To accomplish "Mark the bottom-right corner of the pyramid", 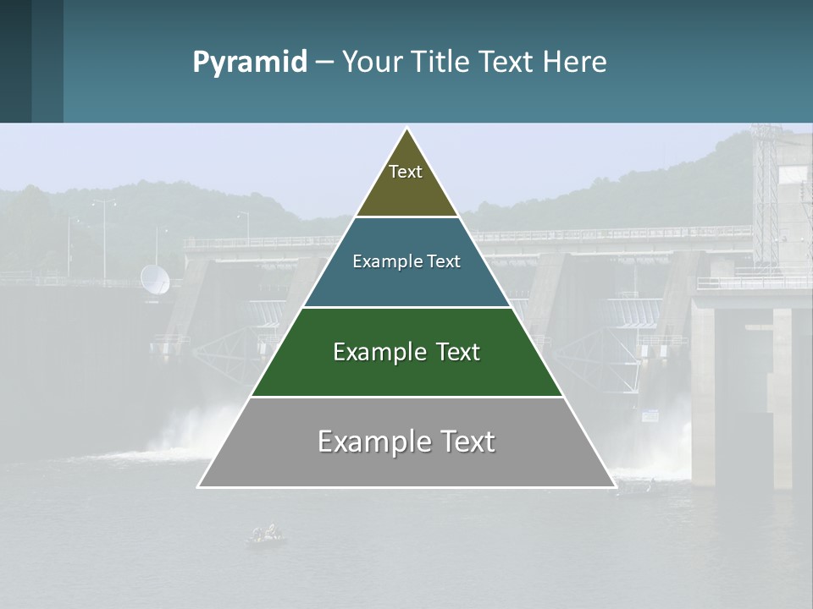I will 614,486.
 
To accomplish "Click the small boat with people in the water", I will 266,534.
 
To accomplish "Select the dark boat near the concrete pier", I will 636,486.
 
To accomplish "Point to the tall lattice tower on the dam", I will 765,195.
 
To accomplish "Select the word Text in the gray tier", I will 466,442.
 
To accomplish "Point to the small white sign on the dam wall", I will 650,415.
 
